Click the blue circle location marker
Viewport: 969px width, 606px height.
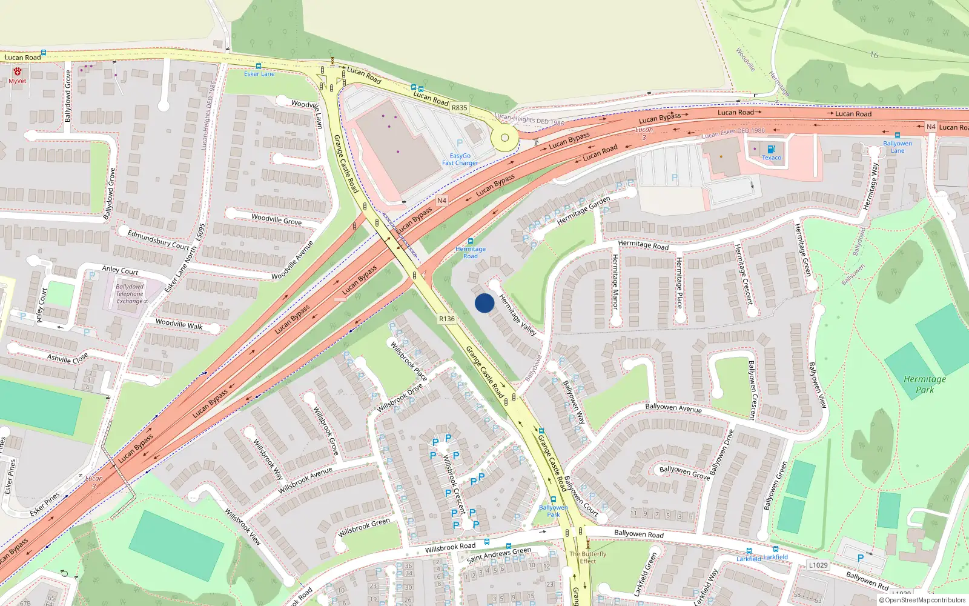tap(484, 303)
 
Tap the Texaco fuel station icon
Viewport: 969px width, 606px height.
tap(771, 149)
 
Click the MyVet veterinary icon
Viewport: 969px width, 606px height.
tap(18, 72)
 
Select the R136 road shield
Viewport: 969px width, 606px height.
tap(447, 319)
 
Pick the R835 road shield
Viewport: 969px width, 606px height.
tap(460, 108)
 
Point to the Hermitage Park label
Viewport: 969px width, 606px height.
tap(925, 384)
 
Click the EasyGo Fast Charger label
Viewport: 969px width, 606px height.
tap(460, 159)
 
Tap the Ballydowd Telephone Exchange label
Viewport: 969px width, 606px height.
tap(130, 294)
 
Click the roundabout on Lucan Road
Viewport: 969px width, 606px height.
tap(504, 138)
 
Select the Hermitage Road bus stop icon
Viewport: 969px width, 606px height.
tap(471, 241)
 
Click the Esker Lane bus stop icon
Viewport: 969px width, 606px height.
tap(259, 66)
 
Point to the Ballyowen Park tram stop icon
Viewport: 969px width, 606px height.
tap(553, 500)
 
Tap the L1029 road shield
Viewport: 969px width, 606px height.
tap(818, 565)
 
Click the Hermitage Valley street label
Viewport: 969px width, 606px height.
tap(518, 315)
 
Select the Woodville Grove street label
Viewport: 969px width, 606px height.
tap(276, 219)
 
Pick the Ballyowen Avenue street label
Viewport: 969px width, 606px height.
tap(673, 408)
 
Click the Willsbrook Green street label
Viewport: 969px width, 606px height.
tap(364, 527)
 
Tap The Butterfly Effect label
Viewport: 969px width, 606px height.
tap(587, 557)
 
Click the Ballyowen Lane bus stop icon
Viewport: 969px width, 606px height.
tap(898, 136)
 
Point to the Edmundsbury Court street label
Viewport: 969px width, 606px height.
tap(159, 239)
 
